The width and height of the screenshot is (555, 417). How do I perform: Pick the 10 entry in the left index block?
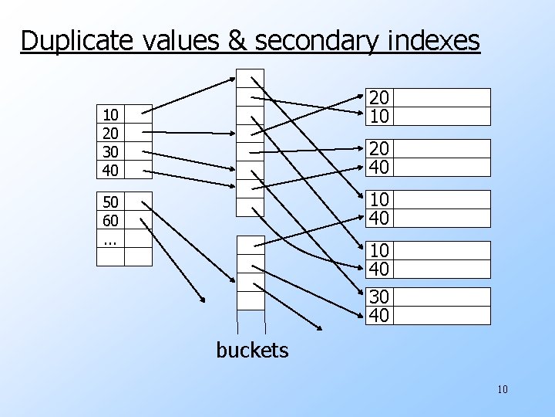click(x=111, y=114)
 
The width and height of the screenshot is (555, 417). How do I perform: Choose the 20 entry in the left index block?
click(x=111, y=132)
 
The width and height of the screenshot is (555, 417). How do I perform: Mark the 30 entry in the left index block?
click(x=111, y=150)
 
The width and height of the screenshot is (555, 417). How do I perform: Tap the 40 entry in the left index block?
click(x=111, y=168)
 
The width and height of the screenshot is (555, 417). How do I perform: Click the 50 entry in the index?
click(x=111, y=203)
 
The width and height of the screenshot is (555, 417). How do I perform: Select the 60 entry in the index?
click(x=111, y=221)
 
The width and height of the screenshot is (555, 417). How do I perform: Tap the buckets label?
click(x=252, y=351)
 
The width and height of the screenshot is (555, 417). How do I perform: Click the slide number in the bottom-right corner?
click(x=503, y=389)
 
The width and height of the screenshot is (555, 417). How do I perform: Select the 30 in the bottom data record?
click(x=378, y=297)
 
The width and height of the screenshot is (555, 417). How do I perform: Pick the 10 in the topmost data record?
click(x=378, y=115)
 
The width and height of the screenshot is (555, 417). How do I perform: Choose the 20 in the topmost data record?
click(x=378, y=97)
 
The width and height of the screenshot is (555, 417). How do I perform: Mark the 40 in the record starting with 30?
click(x=378, y=315)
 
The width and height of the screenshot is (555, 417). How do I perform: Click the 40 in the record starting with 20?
click(x=378, y=166)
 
